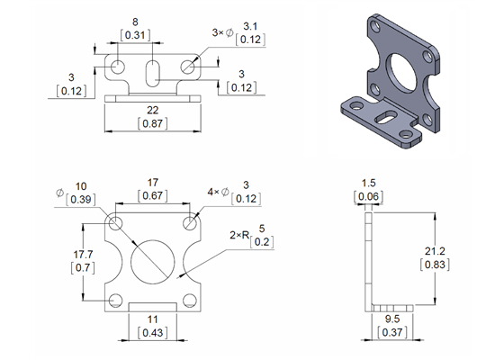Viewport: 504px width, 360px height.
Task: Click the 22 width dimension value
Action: tap(151, 109)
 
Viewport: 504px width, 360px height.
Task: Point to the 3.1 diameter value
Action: tap(251, 26)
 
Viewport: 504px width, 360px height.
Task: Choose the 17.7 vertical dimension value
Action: tap(84, 256)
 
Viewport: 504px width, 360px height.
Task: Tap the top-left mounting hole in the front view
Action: tap(116, 222)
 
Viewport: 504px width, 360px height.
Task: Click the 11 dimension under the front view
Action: tap(151, 319)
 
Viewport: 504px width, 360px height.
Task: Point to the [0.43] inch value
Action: tap(151, 333)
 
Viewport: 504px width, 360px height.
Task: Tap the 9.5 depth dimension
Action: tap(393, 319)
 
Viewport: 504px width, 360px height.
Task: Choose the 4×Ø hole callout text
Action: tap(218, 192)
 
